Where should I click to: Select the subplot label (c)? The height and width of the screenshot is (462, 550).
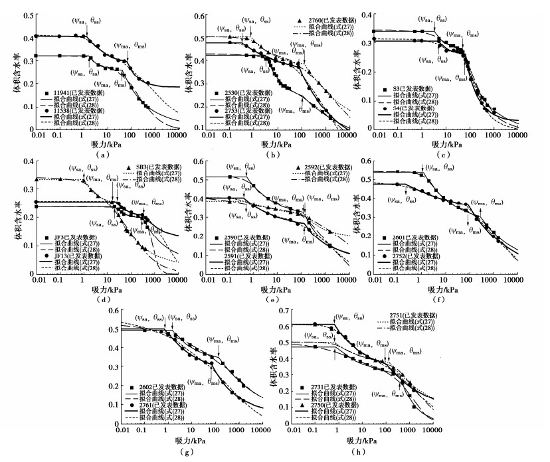point(458,154)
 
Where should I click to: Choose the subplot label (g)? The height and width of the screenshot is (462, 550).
point(189,452)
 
